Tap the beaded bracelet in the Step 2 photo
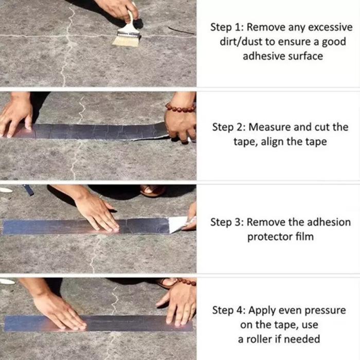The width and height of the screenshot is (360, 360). (180, 108)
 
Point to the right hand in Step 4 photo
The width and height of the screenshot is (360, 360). (177, 303)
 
